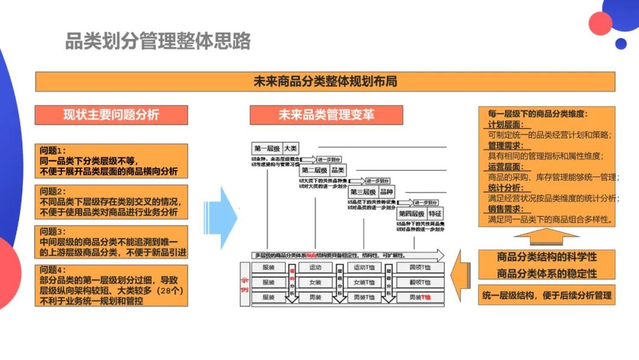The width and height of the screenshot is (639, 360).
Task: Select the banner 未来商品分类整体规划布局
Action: click(x=325, y=82)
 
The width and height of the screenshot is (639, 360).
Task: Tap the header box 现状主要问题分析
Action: click(x=111, y=115)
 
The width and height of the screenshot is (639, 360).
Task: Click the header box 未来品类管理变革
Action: click(x=326, y=115)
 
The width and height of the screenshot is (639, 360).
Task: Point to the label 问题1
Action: click(x=53, y=150)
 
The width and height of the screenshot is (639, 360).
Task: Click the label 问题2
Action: click(x=53, y=191)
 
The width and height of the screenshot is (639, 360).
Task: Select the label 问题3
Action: click(x=53, y=232)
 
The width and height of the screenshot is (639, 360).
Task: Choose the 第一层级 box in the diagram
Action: click(x=266, y=149)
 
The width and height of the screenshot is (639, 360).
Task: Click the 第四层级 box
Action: click(x=412, y=214)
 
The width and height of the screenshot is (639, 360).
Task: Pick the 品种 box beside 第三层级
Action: click(x=386, y=192)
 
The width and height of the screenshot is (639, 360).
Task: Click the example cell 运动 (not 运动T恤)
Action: click(x=315, y=268)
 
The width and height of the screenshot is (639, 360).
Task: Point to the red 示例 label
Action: click(x=245, y=283)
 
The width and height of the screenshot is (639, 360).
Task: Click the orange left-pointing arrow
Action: click(x=461, y=277)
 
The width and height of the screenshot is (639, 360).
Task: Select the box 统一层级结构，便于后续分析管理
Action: click(x=546, y=295)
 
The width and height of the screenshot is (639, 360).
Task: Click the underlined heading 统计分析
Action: click(x=504, y=188)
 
